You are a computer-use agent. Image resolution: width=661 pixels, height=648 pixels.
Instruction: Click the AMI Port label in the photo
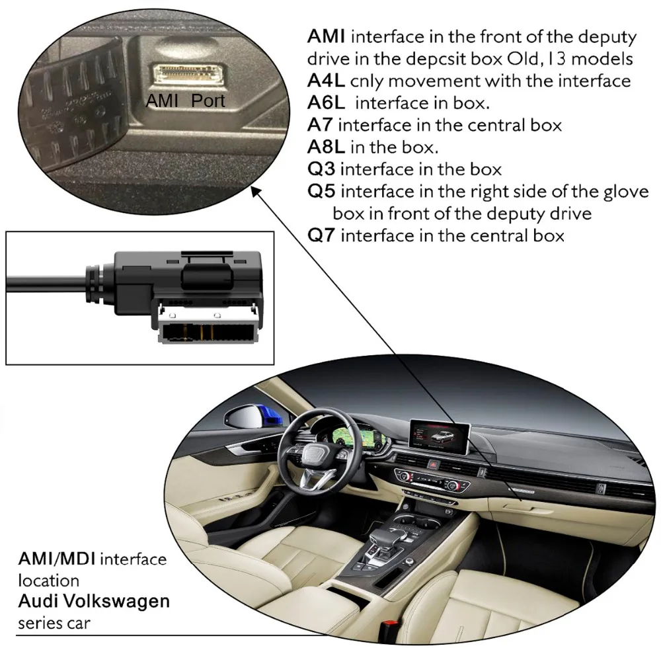click(x=186, y=101)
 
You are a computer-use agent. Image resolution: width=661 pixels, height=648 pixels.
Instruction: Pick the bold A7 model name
click(x=317, y=124)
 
